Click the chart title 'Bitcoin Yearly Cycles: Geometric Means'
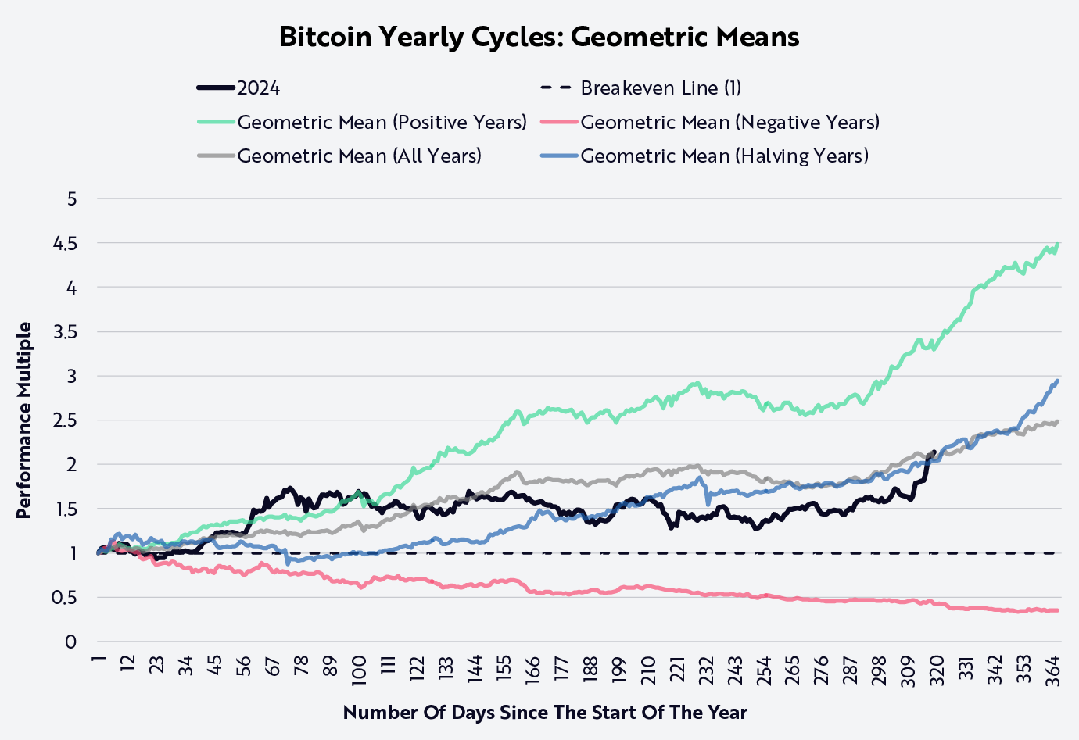click(539, 37)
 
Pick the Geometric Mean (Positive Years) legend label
click(382, 123)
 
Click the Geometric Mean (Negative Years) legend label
click(729, 123)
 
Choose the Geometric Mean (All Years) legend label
click(359, 156)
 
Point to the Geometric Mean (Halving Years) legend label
click(724, 156)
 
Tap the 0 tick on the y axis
click(72, 642)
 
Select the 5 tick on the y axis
click(72, 199)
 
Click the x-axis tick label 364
click(1052, 670)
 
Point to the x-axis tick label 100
click(360, 670)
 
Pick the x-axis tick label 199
click(619, 670)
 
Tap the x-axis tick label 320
click(937, 670)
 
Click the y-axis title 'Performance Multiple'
click(24, 420)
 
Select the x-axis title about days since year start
click(545, 713)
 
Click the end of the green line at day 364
click(1058, 244)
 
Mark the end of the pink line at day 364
click(1057, 610)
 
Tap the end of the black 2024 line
click(934, 452)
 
